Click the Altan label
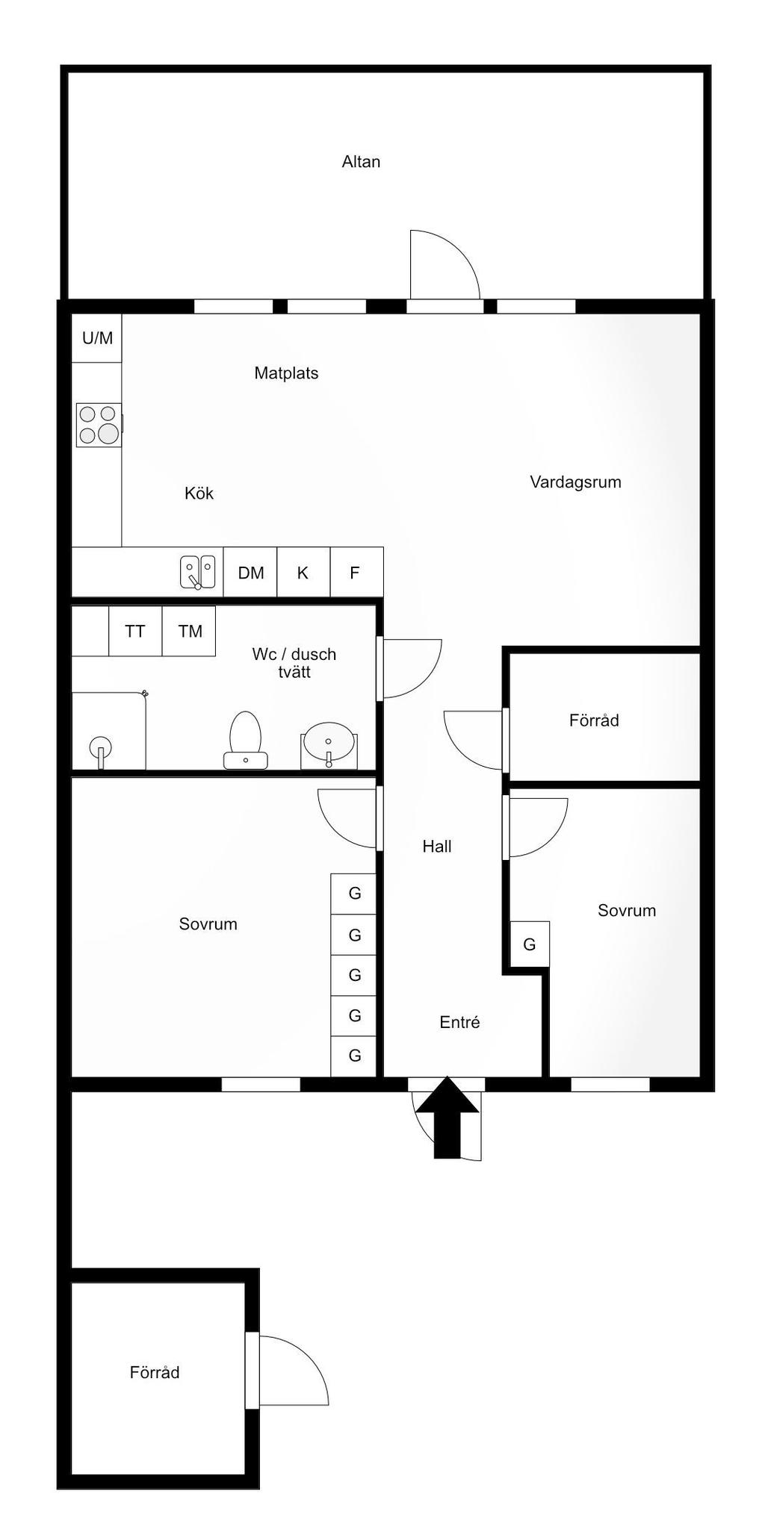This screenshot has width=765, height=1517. coord(361,161)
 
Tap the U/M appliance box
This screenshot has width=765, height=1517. coord(96,338)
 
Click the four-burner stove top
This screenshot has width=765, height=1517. coord(99,425)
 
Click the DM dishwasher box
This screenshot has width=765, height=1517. coord(250,573)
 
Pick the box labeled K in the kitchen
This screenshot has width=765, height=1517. coord(303,573)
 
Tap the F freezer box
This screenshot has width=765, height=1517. coord(356,573)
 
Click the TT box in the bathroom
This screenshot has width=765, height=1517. coord(135,631)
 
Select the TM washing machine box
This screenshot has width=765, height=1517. coord(189,631)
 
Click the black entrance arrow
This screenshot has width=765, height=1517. coord(447,1117)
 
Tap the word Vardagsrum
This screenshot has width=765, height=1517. coord(575,482)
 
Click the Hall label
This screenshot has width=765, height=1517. coord(437,847)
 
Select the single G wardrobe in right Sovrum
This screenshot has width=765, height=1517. coord(530,944)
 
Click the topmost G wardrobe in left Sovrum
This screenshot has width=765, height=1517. coord(354,894)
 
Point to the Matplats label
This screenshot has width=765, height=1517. coord(286,373)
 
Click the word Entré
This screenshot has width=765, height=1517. coord(459,1023)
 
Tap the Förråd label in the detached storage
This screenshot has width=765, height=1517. coord(155,1372)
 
